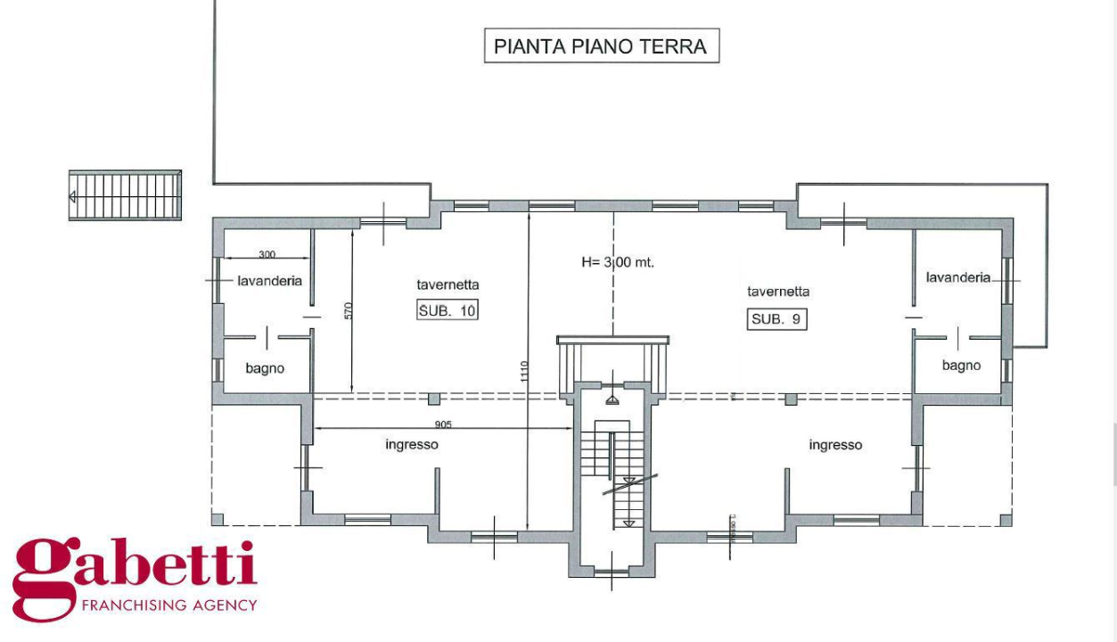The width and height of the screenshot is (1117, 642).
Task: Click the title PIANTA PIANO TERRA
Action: click(x=601, y=46)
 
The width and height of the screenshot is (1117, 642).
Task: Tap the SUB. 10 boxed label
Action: click(x=448, y=310)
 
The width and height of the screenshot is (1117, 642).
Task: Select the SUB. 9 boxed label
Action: click(x=776, y=319)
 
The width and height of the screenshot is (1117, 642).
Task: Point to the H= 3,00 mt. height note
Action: click(x=618, y=262)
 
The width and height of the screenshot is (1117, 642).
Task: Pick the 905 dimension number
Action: click(x=442, y=424)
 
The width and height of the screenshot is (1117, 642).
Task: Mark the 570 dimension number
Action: click(x=349, y=310)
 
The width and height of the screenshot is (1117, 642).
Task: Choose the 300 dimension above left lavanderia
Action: click(x=266, y=254)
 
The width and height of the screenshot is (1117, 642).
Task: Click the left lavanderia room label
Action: click(x=269, y=280)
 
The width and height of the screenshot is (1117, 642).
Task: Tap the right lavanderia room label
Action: click(x=958, y=277)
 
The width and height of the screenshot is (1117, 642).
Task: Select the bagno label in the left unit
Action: click(x=265, y=368)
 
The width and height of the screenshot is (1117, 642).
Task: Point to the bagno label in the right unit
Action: click(x=961, y=366)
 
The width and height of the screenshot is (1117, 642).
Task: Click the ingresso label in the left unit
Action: click(x=412, y=444)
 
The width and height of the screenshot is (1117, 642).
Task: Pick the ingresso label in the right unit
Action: click(x=835, y=445)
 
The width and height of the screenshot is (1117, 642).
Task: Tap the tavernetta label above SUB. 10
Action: click(x=448, y=285)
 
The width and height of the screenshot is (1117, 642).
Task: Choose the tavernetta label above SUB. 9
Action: click(x=778, y=292)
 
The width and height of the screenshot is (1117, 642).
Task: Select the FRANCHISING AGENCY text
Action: click(x=168, y=605)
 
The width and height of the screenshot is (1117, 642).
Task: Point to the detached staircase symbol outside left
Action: click(x=126, y=195)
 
